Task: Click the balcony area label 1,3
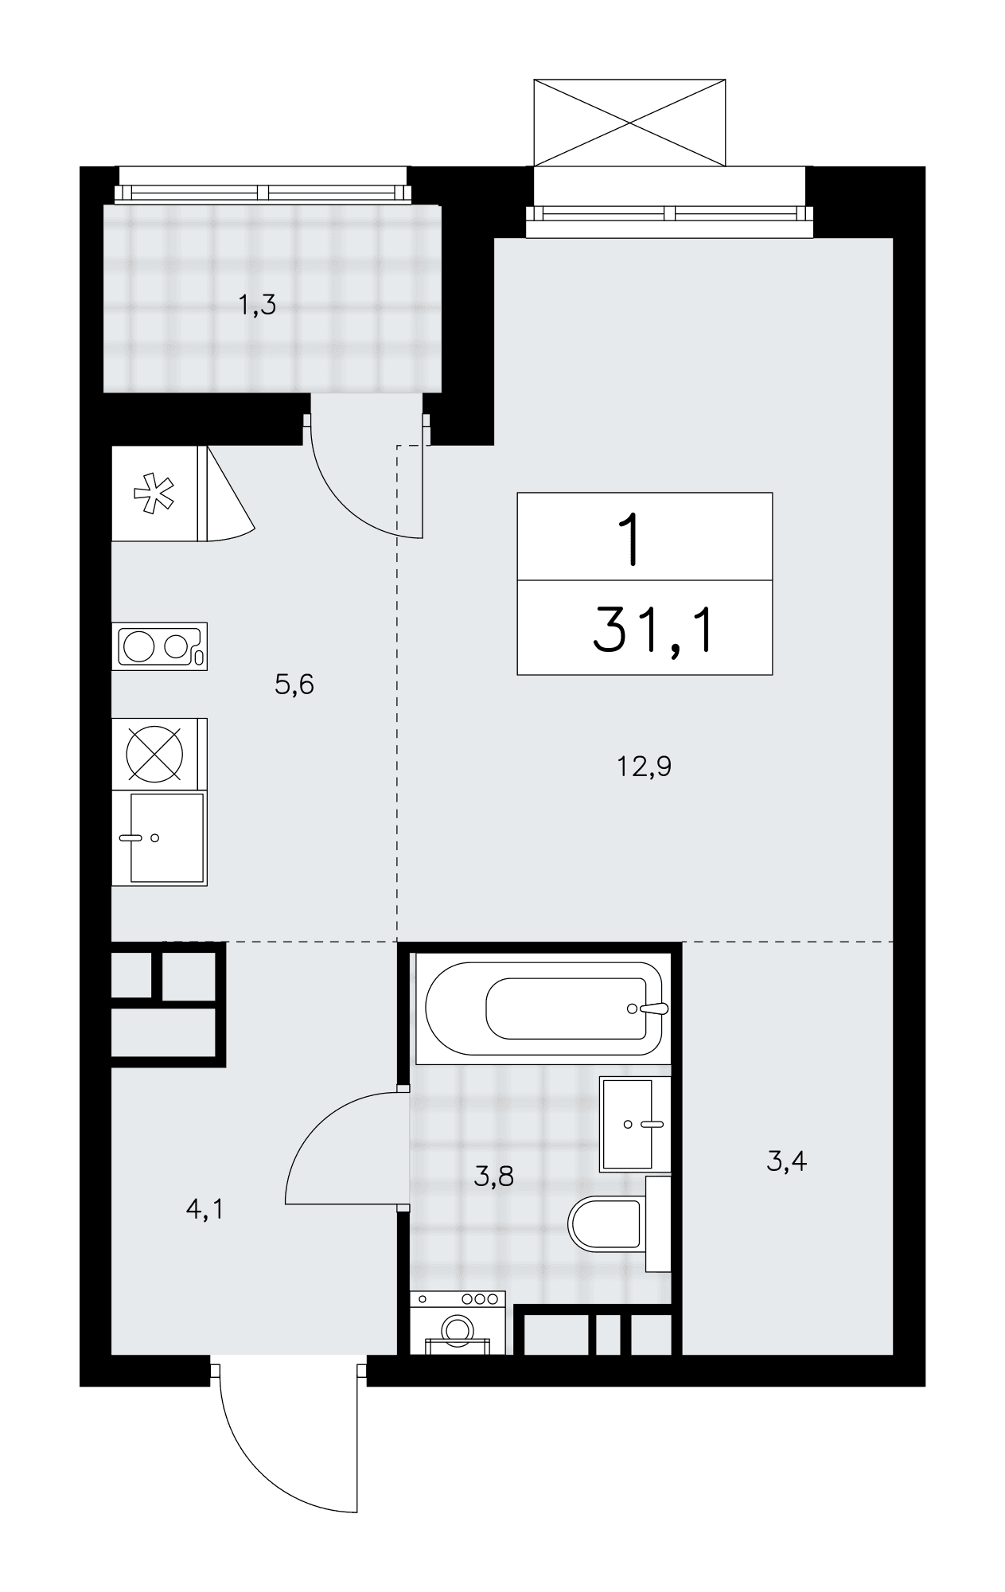click(258, 305)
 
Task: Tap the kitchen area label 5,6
click(294, 684)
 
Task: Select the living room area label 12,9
click(645, 767)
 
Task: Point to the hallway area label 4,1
click(205, 1210)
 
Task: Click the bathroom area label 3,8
click(493, 1176)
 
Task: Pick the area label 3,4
click(787, 1161)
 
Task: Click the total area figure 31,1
click(655, 628)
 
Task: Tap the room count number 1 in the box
click(633, 539)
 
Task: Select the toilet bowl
click(607, 1223)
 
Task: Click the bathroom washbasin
click(636, 1124)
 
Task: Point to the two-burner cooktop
click(160, 646)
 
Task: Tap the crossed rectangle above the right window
click(629, 123)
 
